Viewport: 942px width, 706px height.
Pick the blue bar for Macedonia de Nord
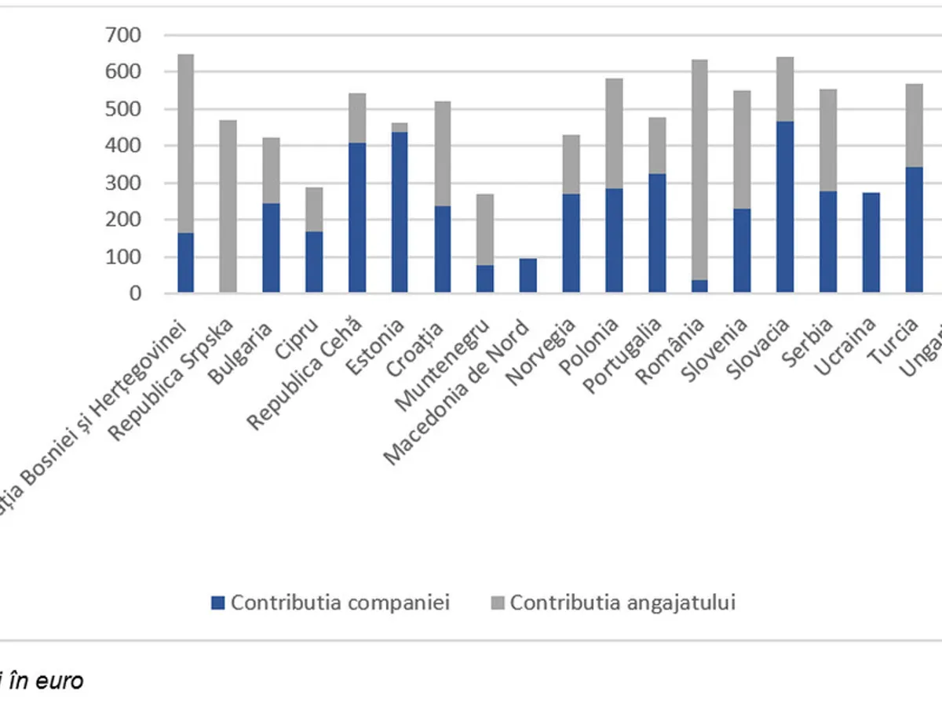[528, 275]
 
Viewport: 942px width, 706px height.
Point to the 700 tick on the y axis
[126, 35]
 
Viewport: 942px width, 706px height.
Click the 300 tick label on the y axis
[126, 183]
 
